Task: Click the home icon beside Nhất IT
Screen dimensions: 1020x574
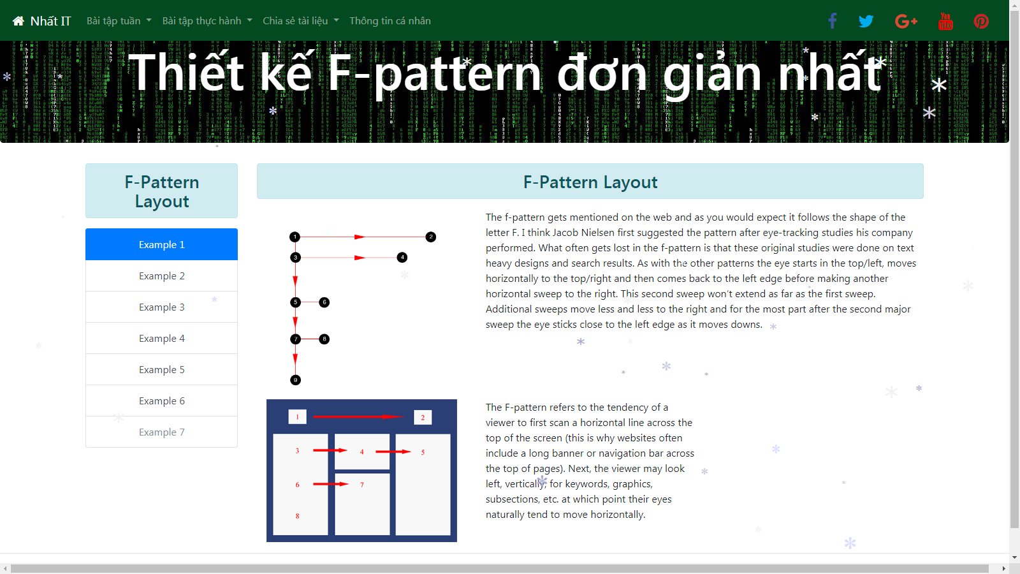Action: point(18,21)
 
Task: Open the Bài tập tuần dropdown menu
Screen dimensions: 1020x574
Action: point(119,21)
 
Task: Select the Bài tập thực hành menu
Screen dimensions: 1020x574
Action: point(207,21)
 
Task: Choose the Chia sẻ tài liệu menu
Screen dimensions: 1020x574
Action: point(300,21)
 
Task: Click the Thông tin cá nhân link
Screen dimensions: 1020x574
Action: point(390,21)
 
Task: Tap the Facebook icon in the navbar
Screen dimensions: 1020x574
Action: point(833,21)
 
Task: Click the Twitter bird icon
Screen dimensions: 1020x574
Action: point(866,22)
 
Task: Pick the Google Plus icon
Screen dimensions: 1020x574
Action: point(906,22)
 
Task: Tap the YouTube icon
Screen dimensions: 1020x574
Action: point(945,22)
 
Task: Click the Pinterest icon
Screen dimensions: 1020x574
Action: point(981,22)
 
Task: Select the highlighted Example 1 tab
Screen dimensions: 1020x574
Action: point(162,244)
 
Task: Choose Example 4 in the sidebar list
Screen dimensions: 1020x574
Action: point(162,338)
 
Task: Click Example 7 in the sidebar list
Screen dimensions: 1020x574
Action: point(162,432)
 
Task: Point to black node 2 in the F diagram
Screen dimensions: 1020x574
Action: point(431,237)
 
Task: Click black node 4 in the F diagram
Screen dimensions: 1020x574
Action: point(402,258)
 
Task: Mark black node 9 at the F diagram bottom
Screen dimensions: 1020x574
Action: point(296,380)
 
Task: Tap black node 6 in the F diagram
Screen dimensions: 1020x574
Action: point(324,302)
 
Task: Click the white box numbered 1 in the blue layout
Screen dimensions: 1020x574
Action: point(297,417)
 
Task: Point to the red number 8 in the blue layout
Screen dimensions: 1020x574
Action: point(297,516)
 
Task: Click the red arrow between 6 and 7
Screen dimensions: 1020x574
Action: point(331,484)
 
